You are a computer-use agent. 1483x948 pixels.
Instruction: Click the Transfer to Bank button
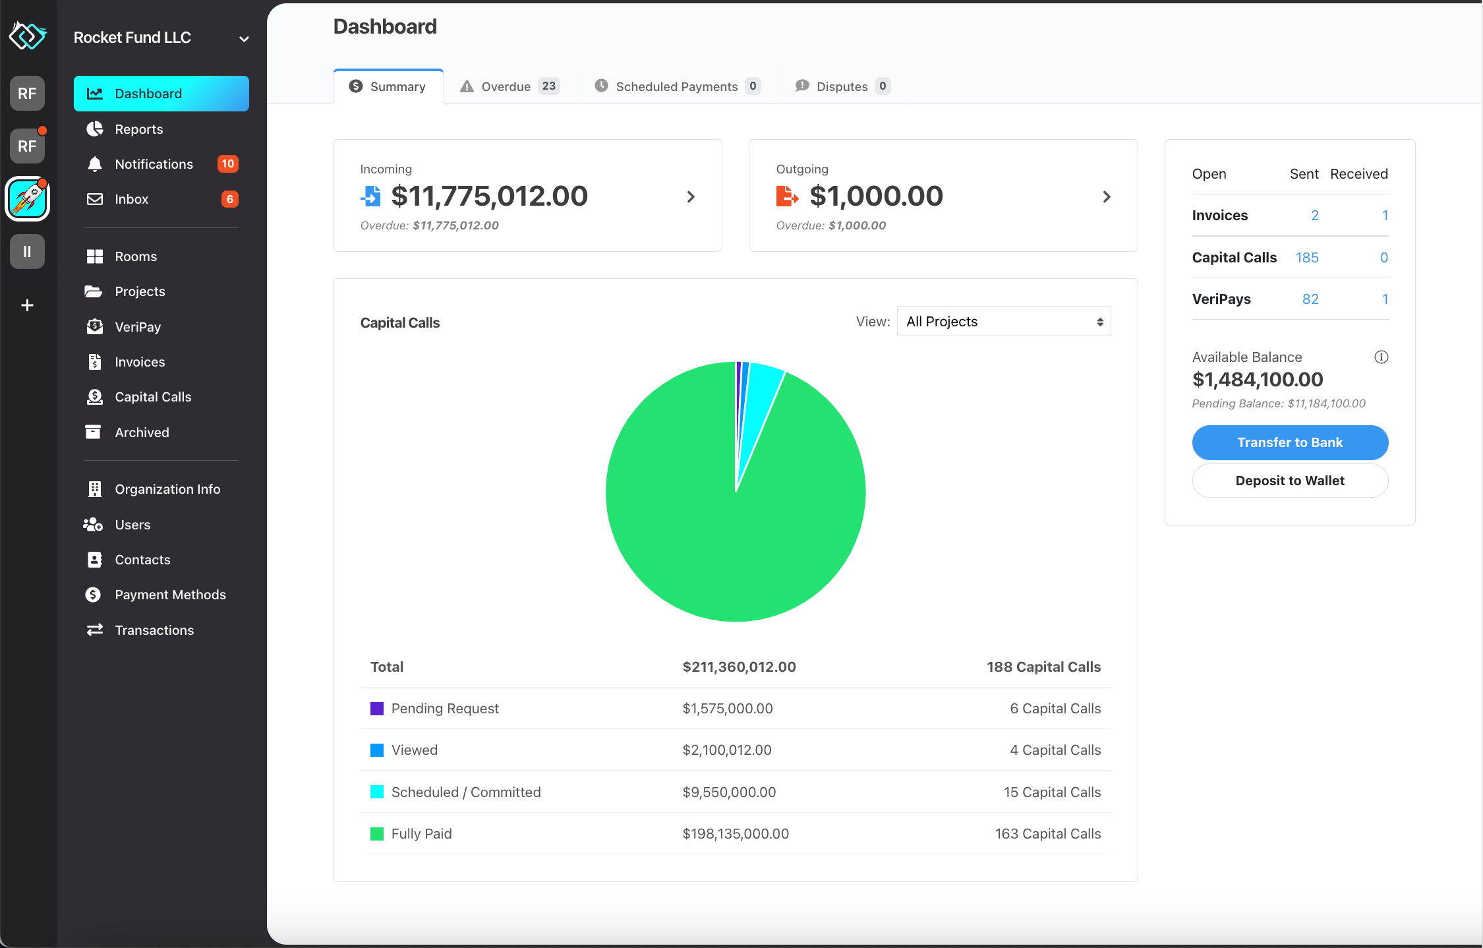(1289, 442)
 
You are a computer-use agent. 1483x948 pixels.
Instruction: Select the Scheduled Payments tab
(677, 86)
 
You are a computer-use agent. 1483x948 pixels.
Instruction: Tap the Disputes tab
(842, 86)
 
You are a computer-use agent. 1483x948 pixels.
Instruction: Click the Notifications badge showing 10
(227, 164)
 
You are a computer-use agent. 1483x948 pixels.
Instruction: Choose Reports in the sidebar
(138, 129)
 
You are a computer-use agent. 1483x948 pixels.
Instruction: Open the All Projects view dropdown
(1003, 322)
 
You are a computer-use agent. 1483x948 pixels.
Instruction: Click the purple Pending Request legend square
(377, 709)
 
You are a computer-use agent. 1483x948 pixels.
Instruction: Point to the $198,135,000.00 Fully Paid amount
(736, 834)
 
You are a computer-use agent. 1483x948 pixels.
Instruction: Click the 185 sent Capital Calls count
(1306, 258)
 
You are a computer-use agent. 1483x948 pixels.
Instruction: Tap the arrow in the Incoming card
(691, 196)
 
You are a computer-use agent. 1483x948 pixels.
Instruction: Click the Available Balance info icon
(1381, 357)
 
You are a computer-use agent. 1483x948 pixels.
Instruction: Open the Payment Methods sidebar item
(169, 595)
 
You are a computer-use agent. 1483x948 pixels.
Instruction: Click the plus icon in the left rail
(27, 305)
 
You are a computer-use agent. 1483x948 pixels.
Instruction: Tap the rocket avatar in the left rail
(27, 198)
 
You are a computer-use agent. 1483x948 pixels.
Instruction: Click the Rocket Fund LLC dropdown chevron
(244, 39)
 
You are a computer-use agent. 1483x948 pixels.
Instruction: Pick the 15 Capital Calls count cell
(1052, 792)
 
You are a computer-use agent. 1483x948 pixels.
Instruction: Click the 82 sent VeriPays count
(1310, 299)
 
